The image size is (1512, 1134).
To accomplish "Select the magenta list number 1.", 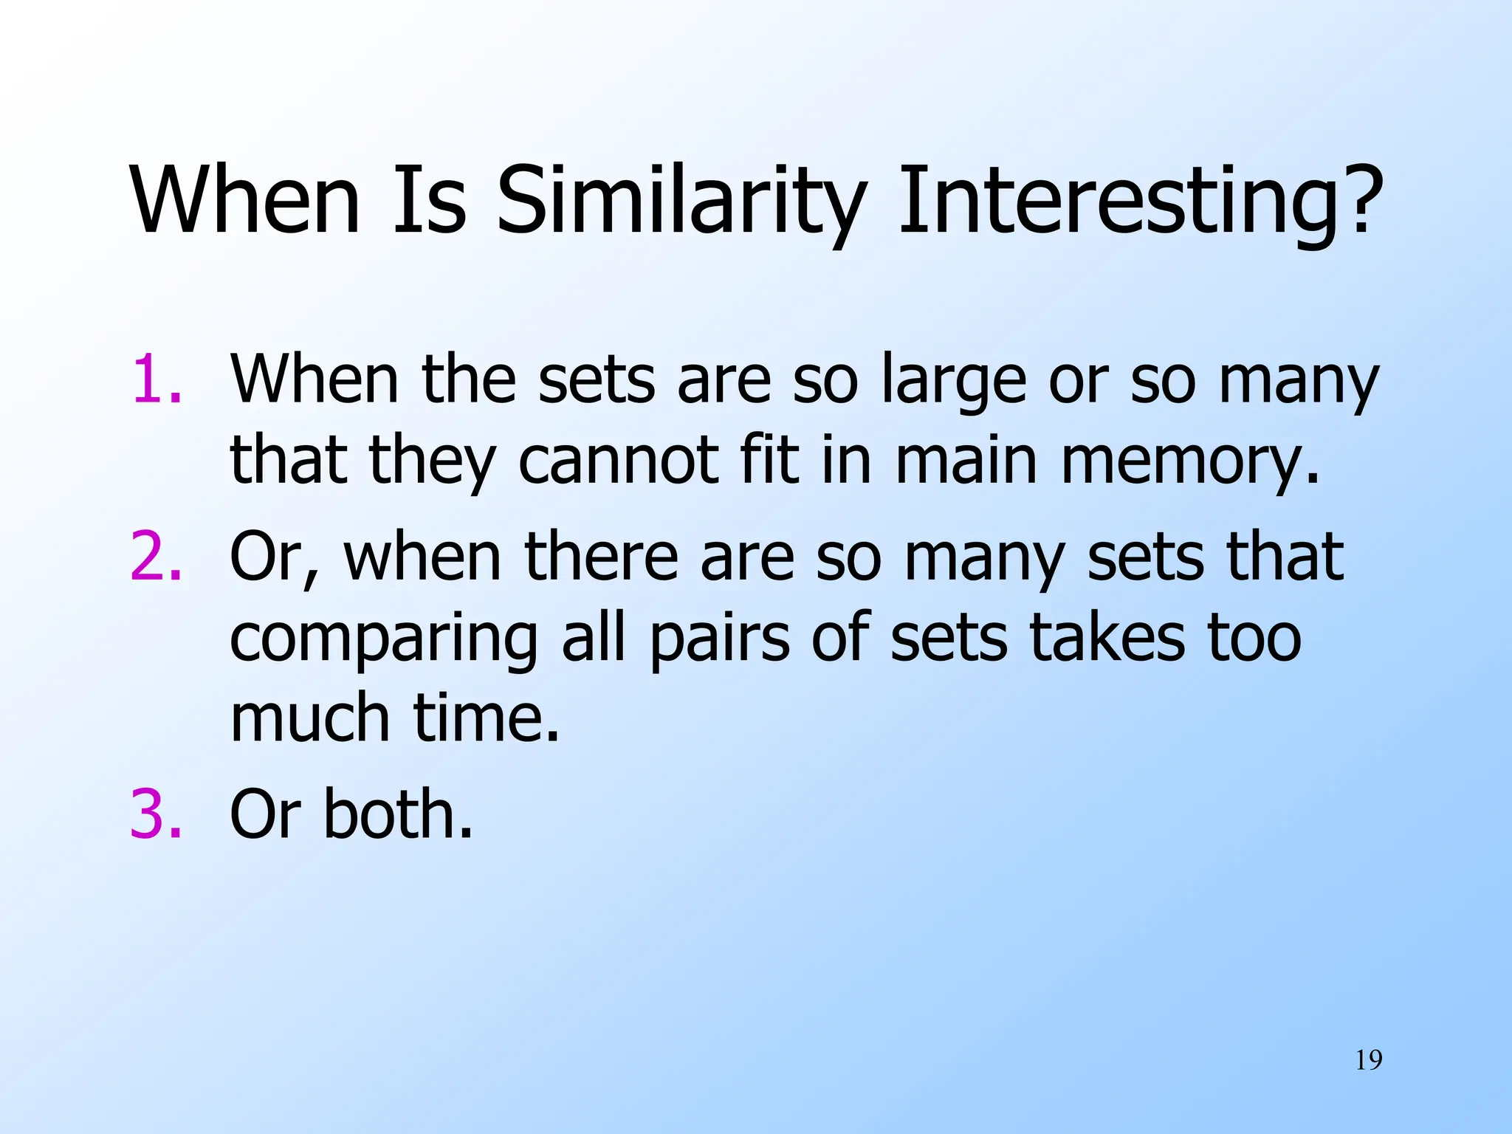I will pyautogui.click(x=156, y=379).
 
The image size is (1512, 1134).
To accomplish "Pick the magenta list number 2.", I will pyautogui.click(x=156, y=557).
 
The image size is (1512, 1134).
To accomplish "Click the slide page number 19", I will pyautogui.click(x=1369, y=1061).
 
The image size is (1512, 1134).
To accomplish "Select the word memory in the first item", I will pyautogui.click(x=1189, y=461).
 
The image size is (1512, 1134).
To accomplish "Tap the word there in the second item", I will pyautogui.click(x=600, y=557).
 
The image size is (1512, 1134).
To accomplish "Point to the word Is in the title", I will pyautogui.click(x=429, y=201).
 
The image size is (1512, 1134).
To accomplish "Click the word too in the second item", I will pyautogui.click(x=1254, y=638).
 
